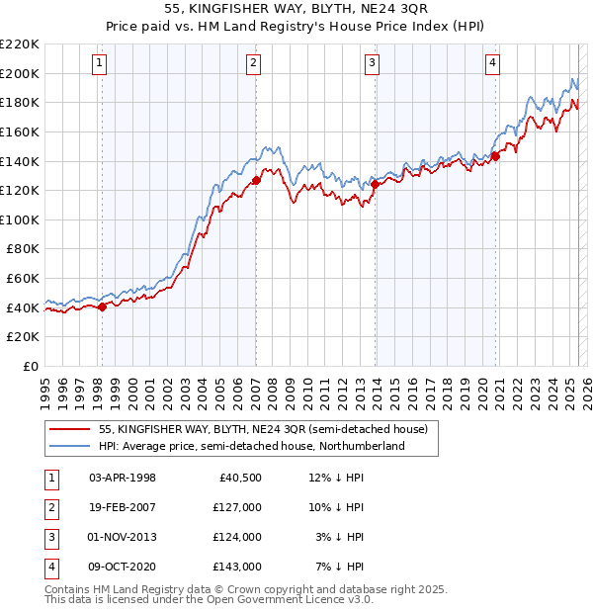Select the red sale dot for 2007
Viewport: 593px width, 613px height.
point(256,180)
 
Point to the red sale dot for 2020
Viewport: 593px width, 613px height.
point(496,154)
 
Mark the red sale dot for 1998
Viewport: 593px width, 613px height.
point(102,306)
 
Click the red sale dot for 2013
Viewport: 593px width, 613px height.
point(375,183)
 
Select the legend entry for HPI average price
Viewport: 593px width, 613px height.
point(251,446)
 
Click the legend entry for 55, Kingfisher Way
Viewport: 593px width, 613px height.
point(262,429)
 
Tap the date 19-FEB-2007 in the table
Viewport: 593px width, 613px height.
point(123,507)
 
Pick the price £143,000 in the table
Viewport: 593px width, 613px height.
point(237,567)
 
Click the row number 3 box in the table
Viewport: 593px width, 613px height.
point(49,537)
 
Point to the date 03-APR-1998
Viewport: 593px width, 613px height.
point(123,478)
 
